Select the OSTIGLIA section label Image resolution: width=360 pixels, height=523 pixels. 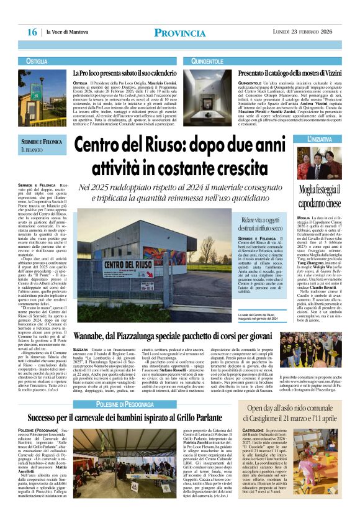(37, 61)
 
